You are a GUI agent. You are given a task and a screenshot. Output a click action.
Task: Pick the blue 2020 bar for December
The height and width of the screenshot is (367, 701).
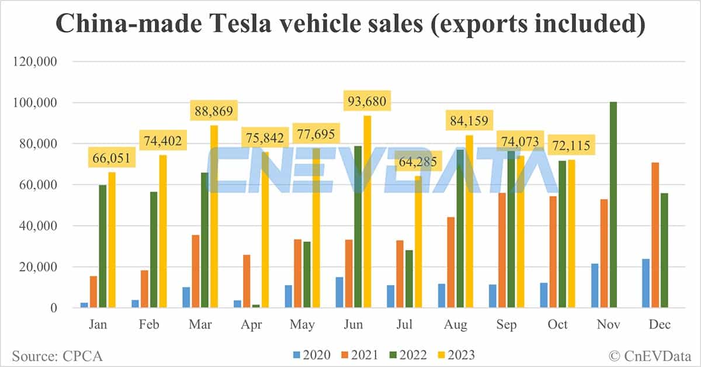(646, 283)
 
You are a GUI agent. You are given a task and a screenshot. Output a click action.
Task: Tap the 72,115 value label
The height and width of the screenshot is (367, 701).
(572, 144)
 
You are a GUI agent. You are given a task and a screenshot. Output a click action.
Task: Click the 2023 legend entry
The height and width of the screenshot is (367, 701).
(456, 355)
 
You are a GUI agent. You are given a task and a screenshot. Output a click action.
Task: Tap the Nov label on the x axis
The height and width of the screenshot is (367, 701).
(608, 325)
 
